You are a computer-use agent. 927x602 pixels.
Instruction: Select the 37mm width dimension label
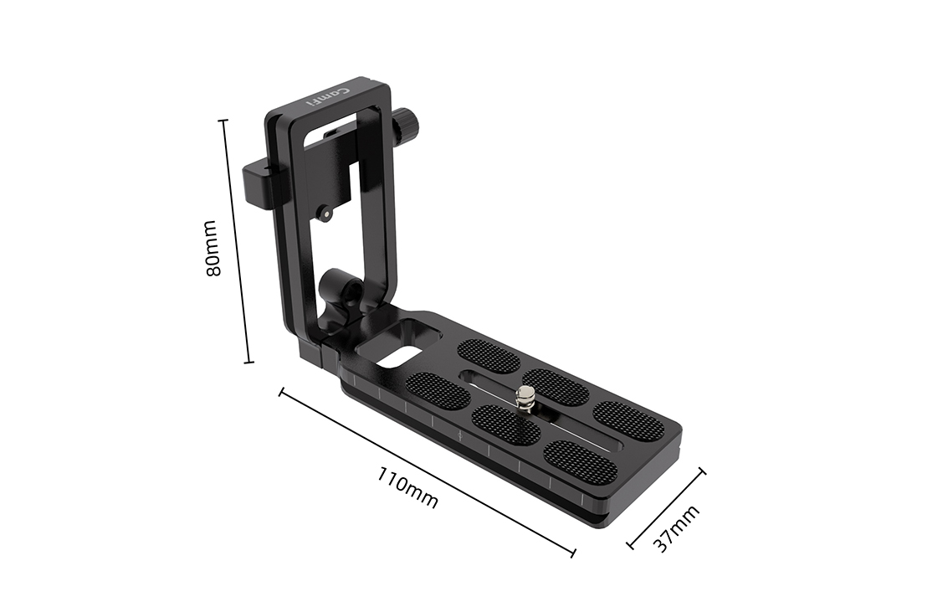click(x=676, y=528)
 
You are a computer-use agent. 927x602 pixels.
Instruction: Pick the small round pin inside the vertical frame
click(x=323, y=215)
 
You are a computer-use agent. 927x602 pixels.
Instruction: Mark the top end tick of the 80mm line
click(x=223, y=121)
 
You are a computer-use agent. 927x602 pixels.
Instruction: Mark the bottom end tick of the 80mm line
click(x=248, y=363)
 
